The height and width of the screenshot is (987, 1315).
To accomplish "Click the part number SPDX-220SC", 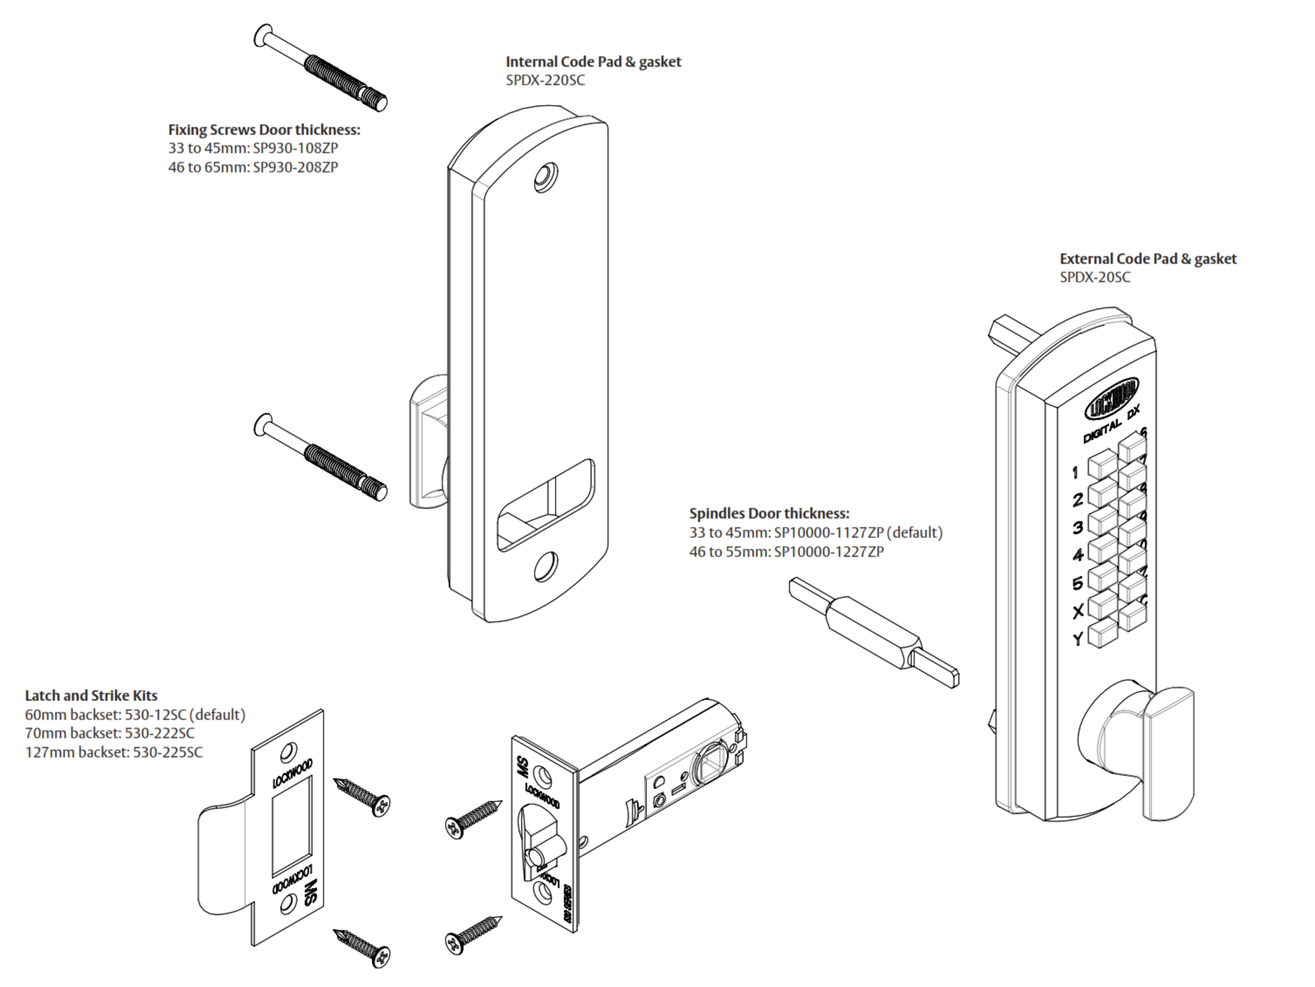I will [544, 80].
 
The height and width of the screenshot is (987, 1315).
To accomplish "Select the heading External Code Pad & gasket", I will [1147, 259].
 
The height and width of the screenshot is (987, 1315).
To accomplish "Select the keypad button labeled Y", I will [1102, 635].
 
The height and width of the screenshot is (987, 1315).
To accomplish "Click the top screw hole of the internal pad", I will [544, 177].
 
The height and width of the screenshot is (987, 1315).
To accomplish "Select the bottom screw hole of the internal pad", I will [544, 567].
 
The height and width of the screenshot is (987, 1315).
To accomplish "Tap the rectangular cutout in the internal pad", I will [544, 505].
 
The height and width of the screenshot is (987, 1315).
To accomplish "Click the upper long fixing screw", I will [321, 68].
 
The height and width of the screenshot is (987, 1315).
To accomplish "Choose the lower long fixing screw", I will [321, 457].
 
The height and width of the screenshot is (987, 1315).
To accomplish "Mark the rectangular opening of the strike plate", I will [291, 826].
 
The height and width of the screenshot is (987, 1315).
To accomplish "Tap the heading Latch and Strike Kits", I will [91, 696].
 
